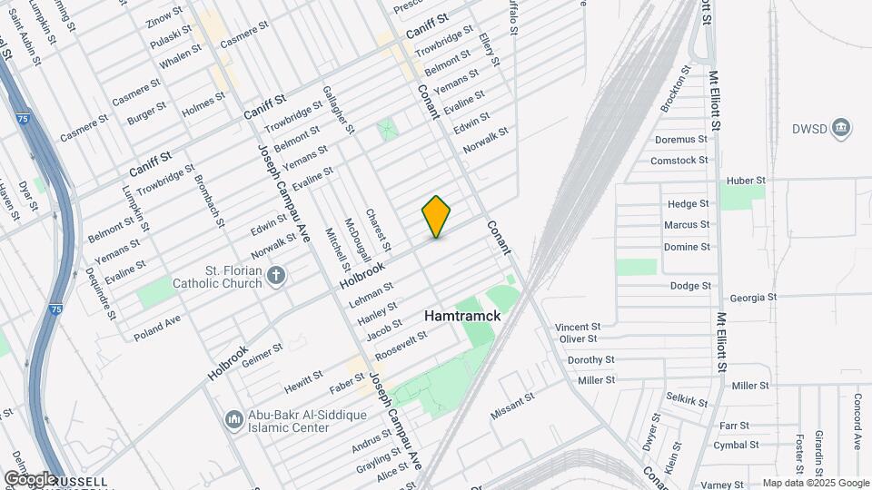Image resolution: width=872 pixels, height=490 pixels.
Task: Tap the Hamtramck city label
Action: (462, 316)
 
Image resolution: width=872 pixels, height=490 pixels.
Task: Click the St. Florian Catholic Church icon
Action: (278, 274)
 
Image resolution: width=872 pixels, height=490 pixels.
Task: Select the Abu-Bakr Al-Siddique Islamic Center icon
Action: (233, 419)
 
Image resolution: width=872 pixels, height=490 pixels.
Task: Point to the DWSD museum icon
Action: (841, 127)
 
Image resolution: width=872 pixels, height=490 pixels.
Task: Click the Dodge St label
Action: (690, 286)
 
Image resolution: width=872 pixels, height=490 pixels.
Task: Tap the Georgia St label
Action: (754, 297)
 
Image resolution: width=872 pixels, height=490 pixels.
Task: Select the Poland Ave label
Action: (157, 328)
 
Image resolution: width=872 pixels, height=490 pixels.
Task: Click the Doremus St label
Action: (680, 140)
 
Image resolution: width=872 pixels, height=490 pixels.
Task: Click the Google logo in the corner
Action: (30, 478)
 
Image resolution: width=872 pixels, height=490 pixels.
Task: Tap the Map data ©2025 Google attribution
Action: (815, 484)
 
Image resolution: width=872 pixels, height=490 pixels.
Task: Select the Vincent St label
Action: (578, 326)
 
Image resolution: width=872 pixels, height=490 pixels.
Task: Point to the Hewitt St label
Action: (303, 377)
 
